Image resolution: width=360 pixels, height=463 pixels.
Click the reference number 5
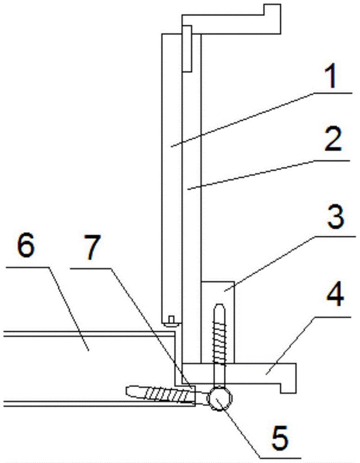(x=280, y=438)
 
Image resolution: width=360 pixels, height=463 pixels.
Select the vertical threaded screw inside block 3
(x=219, y=345)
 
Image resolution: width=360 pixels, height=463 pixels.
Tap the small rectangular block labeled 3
(x=218, y=322)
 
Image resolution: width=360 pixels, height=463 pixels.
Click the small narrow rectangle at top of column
(x=187, y=49)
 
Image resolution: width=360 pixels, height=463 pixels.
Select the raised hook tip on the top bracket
(x=272, y=9)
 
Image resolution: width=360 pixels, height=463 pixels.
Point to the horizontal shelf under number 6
(x=26, y=267)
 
